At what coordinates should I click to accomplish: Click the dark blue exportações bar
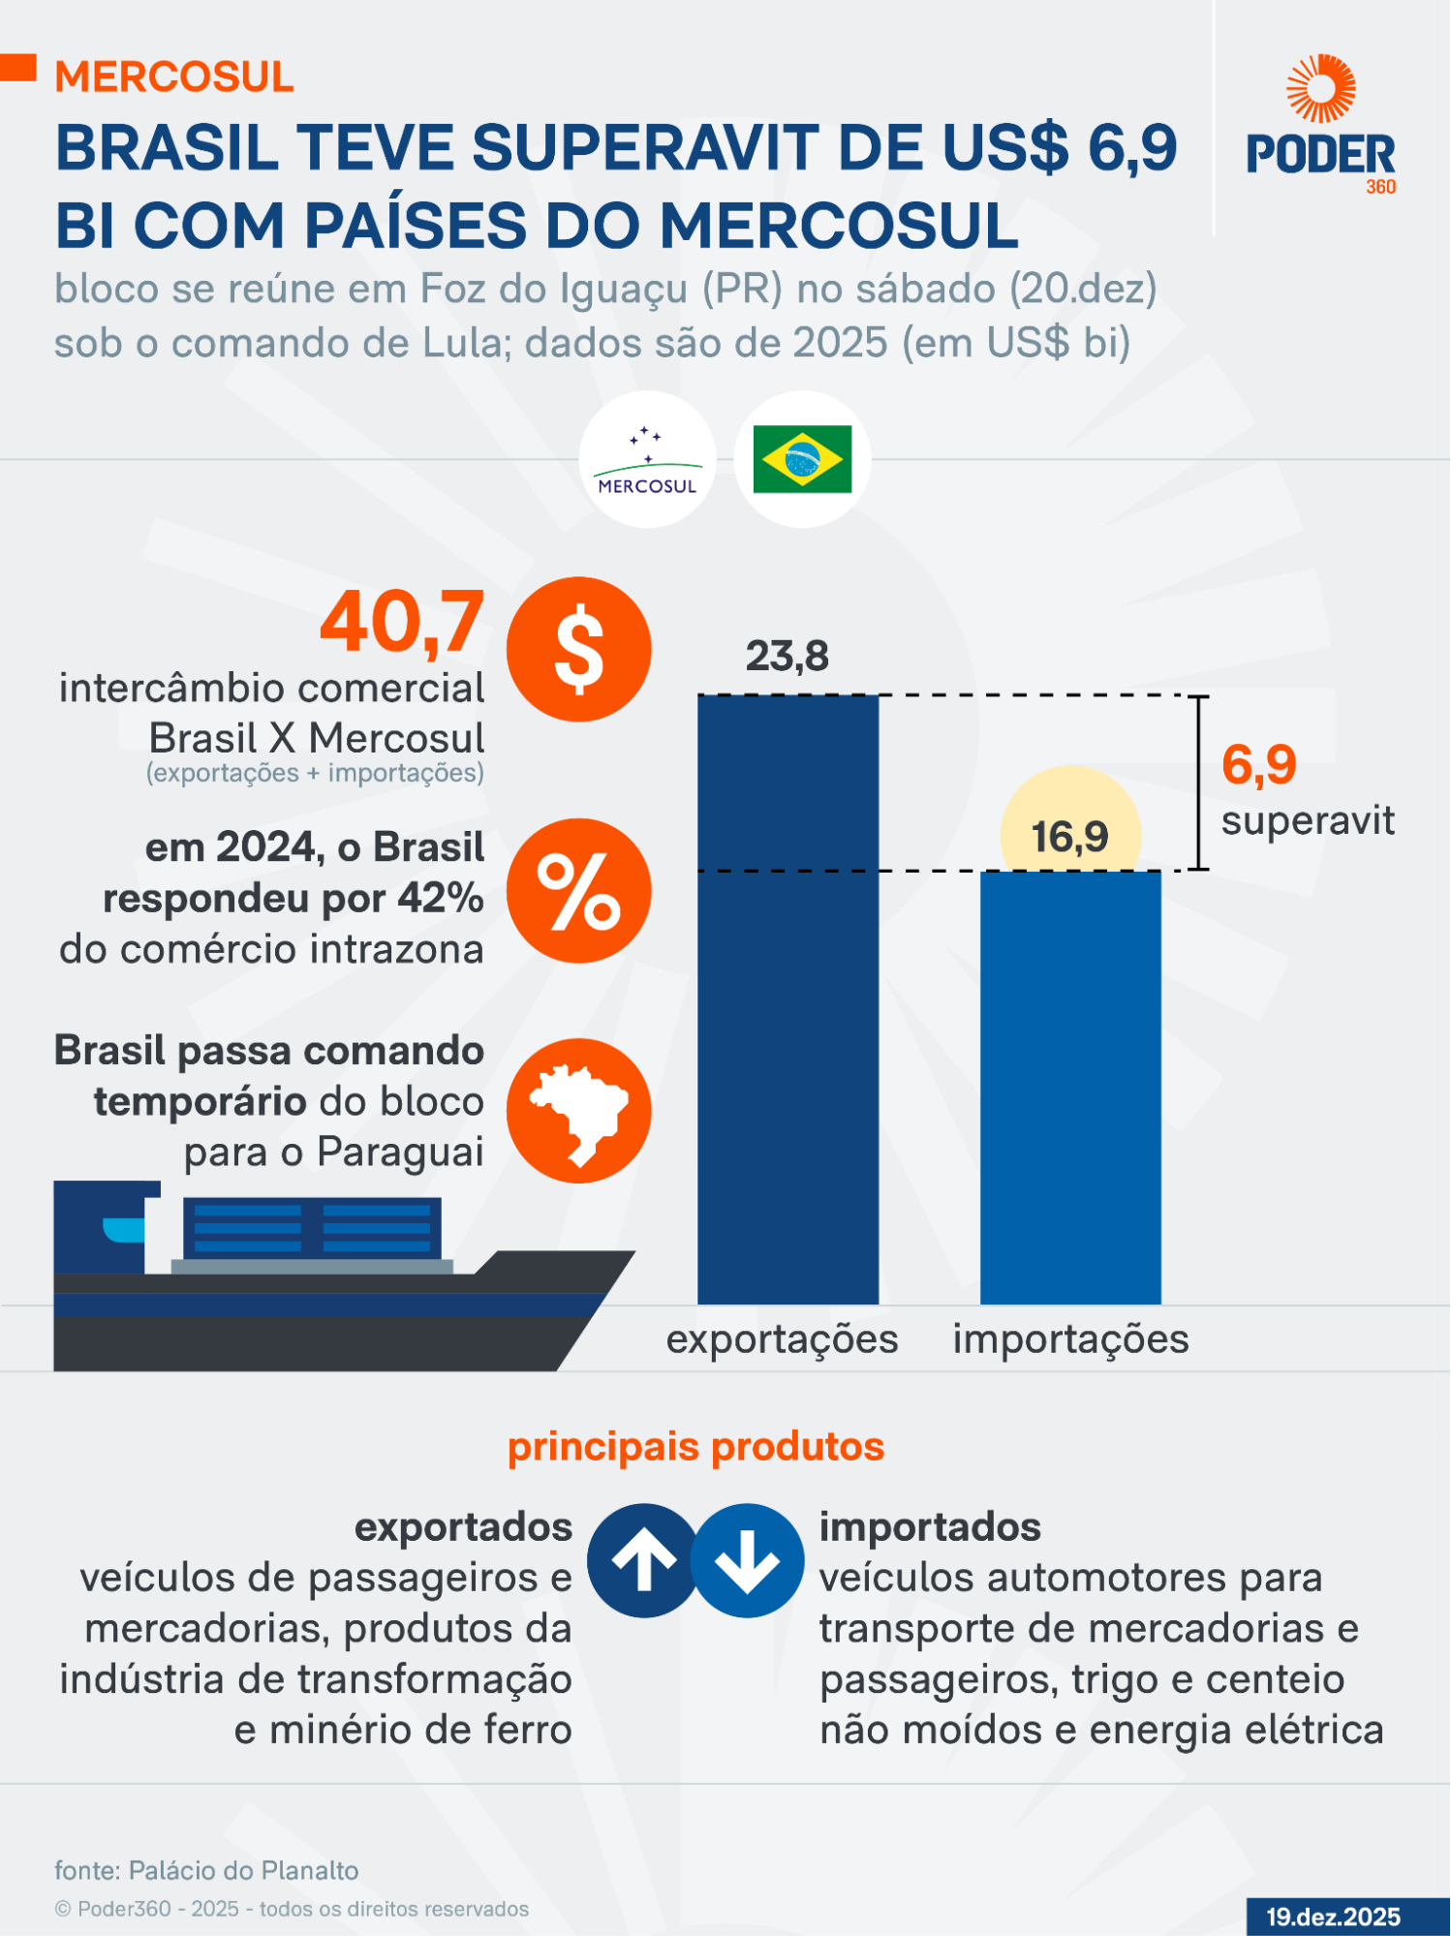[x=787, y=998]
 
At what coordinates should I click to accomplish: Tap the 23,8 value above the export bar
[x=787, y=657]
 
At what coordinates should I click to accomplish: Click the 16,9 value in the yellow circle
[x=1069, y=837]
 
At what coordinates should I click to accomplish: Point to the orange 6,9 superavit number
[x=1258, y=765]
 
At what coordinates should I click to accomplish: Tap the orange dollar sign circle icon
[x=578, y=649]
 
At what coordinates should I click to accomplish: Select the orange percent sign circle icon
[x=578, y=891]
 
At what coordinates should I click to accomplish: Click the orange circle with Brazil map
[x=578, y=1111]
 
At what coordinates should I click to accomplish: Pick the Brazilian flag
[x=802, y=459]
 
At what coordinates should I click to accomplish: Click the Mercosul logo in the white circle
[x=647, y=460]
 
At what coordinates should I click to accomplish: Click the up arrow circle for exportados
[x=643, y=1560]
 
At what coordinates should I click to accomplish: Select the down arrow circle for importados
[x=747, y=1560]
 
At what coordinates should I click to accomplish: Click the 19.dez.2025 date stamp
[x=1333, y=1917]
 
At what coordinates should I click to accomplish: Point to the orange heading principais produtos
[x=695, y=1447]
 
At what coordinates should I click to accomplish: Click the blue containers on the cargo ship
[x=312, y=1227]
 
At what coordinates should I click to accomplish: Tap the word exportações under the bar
[x=782, y=1339]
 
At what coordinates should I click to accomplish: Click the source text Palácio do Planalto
[x=243, y=1870]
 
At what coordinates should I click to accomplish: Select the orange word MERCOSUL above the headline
[x=174, y=77]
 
